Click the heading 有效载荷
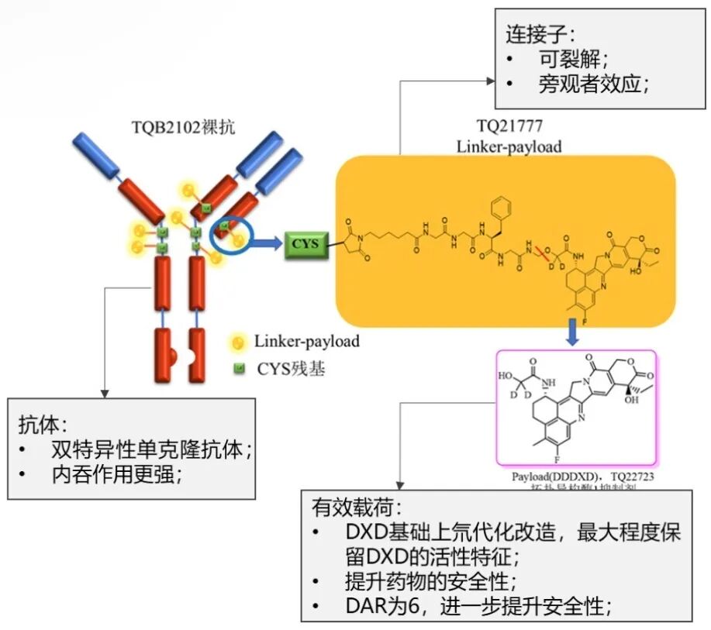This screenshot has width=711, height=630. click(x=357, y=508)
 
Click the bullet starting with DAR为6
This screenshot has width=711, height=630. click(x=478, y=606)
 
